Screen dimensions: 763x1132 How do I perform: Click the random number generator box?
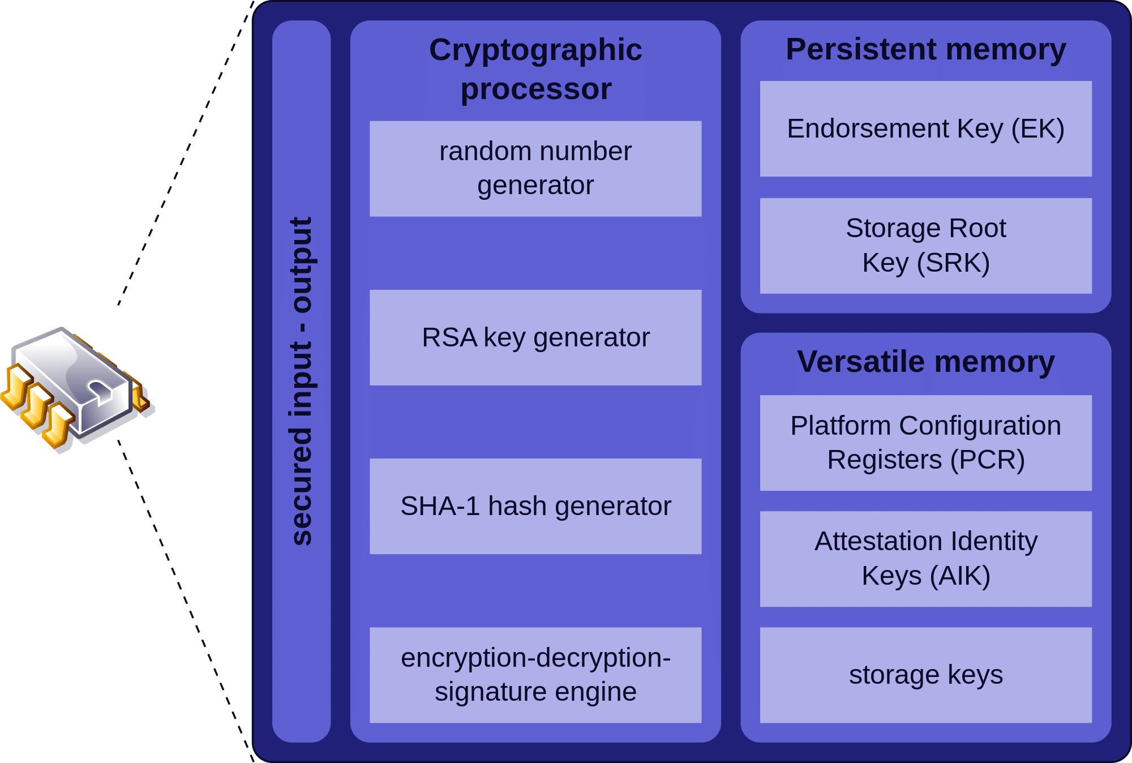535,169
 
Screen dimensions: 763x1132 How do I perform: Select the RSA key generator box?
535,338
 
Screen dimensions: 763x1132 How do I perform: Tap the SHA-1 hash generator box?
535,506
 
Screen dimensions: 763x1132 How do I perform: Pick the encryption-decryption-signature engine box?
535,675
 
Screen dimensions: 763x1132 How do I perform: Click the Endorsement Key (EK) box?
925,129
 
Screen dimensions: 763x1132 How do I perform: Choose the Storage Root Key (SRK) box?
925,246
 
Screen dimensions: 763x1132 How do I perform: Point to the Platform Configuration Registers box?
925,443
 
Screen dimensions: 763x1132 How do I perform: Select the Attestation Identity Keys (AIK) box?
925,559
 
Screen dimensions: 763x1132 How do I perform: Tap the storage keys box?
925,675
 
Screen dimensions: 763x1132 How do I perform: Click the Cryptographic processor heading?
535,69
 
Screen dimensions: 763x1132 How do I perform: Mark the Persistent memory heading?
925,49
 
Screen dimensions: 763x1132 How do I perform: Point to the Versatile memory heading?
925,362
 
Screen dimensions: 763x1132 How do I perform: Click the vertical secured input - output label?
301,381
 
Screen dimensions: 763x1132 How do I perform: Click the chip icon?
76,388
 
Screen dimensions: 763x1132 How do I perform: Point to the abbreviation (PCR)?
988,460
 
